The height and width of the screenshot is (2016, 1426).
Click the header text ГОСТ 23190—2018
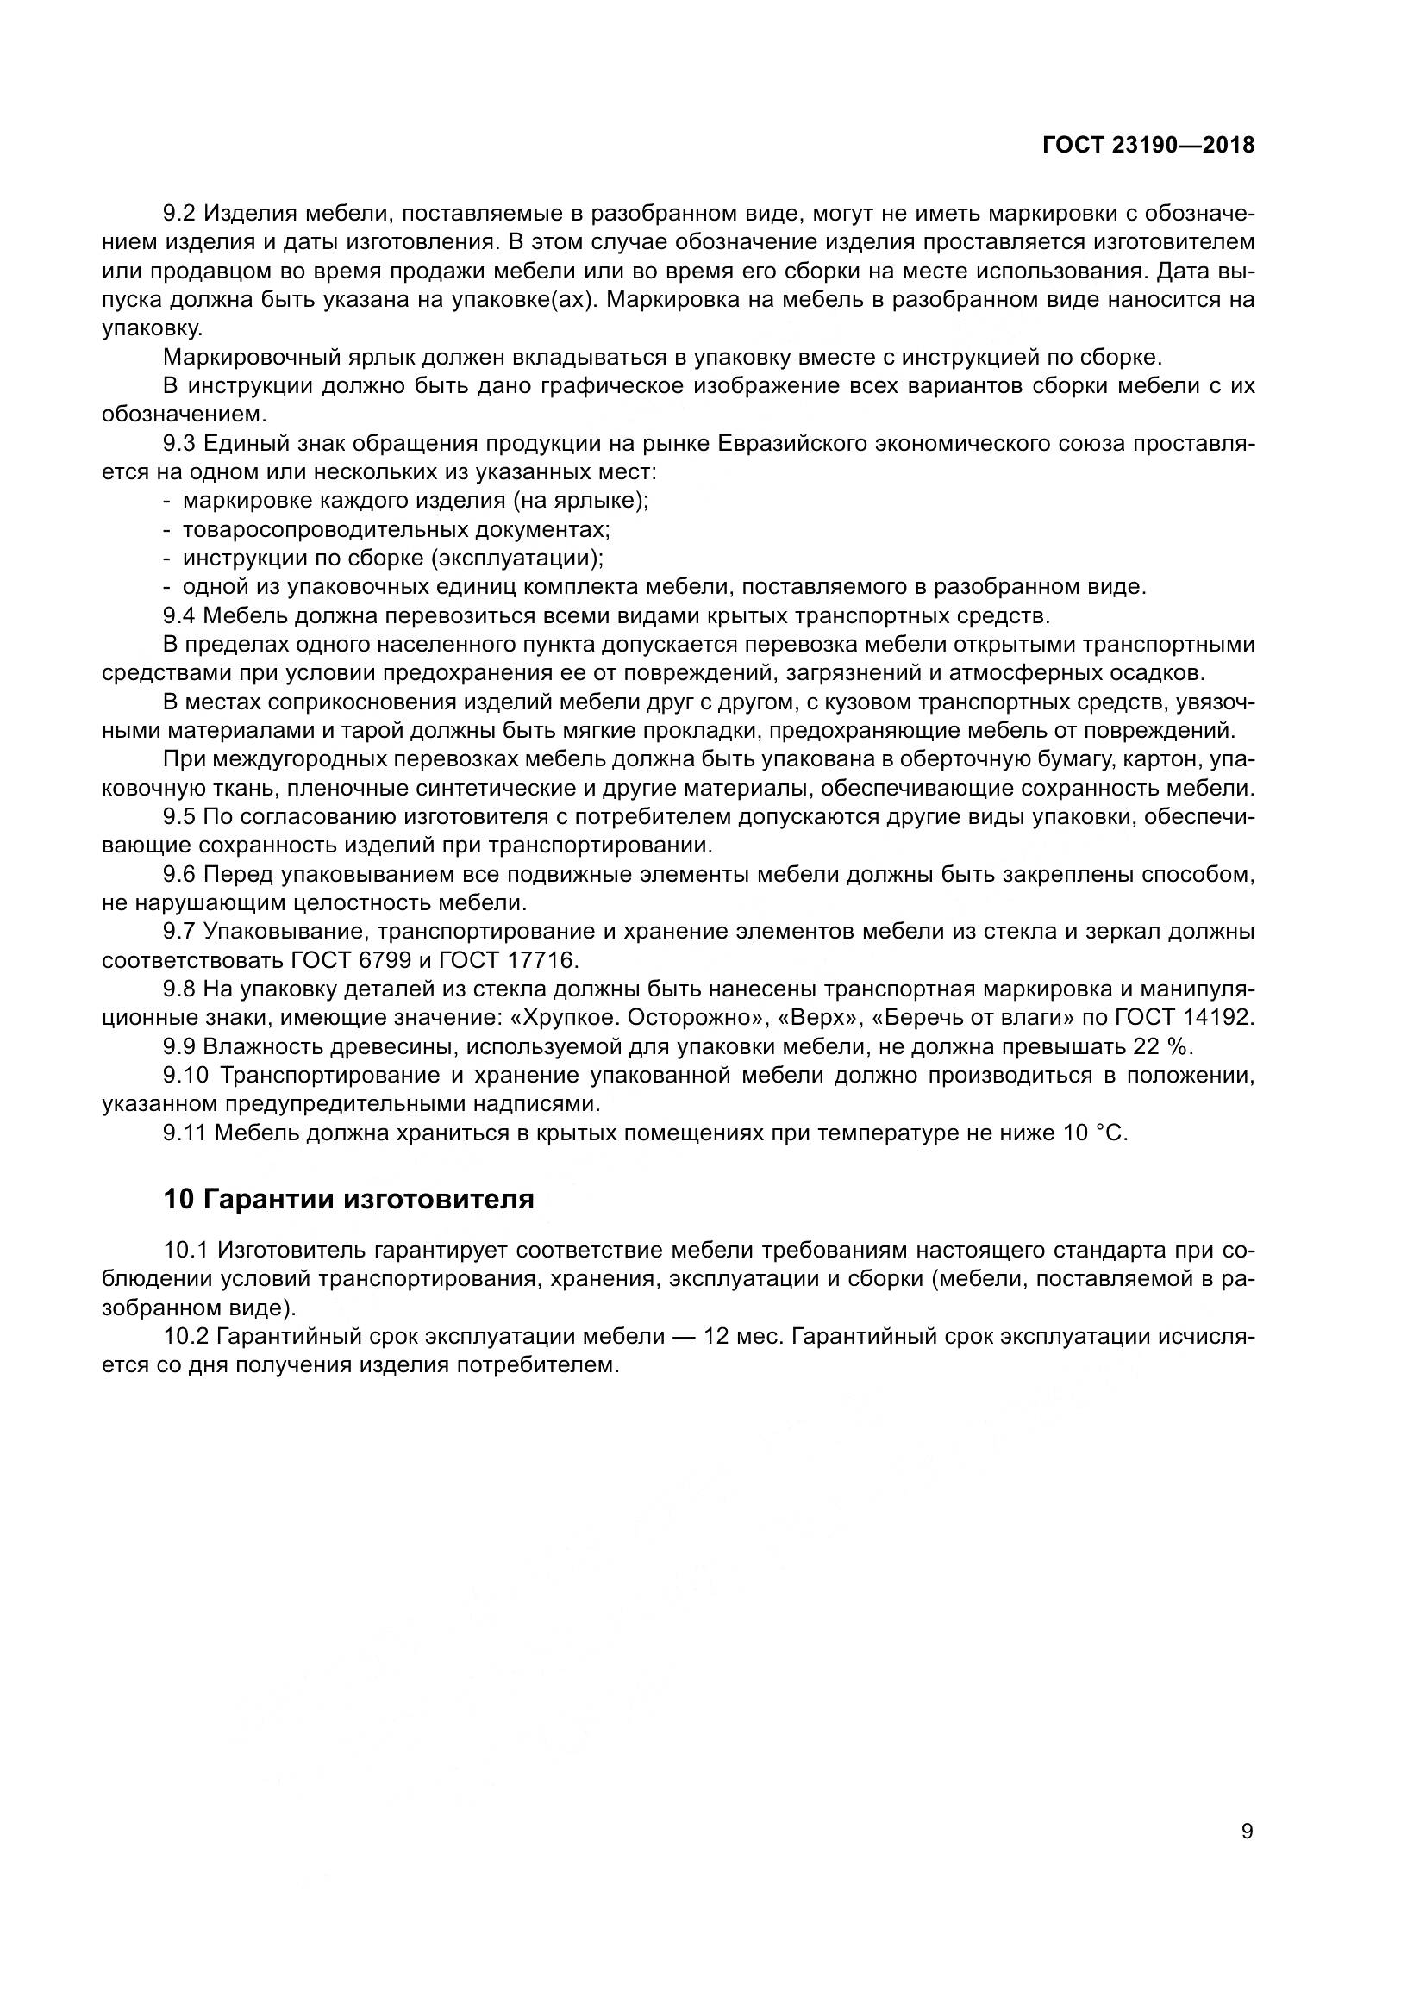(x=1148, y=146)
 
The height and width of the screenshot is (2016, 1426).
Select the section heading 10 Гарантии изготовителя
(x=348, y=1200)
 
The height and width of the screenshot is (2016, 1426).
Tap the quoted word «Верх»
(x=809, y=1018)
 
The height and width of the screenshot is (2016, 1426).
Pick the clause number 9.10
(x=186, y=1076)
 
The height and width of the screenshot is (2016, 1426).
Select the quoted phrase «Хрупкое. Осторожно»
(x=635, y=1018)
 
